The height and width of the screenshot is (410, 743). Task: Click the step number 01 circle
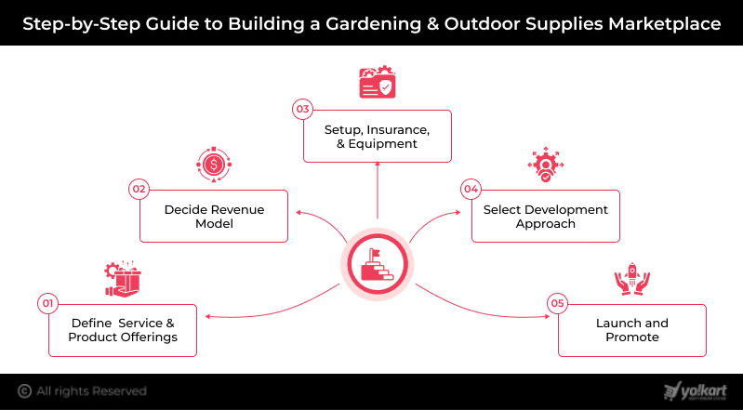pos(46,303)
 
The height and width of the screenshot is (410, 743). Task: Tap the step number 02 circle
pos(139,190)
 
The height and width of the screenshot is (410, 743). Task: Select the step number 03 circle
pos(302,110)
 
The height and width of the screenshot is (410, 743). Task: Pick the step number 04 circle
pos(471,190)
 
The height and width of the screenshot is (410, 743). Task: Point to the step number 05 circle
pos(557,303)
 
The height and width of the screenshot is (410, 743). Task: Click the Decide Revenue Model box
pos(214,217)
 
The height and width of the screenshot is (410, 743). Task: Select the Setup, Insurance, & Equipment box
pos(377,137)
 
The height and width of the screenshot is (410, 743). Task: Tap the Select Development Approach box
pos(546,217)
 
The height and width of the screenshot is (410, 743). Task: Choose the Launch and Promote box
pos(632,330)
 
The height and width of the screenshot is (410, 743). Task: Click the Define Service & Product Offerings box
pos(123,330)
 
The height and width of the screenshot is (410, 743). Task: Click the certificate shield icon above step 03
pos(377,82)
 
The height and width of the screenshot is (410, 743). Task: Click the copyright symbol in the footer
pos(24,391)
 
